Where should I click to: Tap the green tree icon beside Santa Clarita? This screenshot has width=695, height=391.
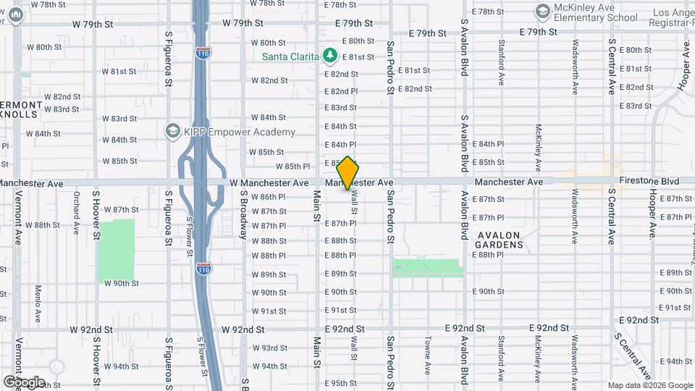pyautogui.click(x=330, y=55)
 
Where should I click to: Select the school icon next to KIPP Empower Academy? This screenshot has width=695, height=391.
pyautogui.click(x=172, y=131)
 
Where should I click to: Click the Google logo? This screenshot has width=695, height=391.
pyautogui.click(x=24, y=382)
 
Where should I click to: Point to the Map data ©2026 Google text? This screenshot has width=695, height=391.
pyautogui.click(x=649, y=385)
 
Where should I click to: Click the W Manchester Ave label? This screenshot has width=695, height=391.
pyautogui.click(x=269, y=182)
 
